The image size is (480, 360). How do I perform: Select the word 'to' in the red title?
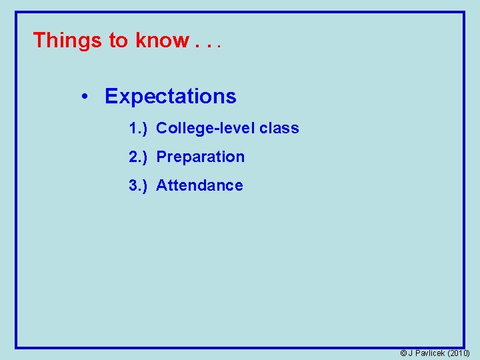pos(118,41)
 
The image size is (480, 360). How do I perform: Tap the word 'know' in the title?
pos(162,41)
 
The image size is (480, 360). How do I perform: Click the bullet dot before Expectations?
pos(85,97)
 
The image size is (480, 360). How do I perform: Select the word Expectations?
pos(171,97)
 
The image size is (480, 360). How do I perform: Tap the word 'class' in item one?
pos(279,128)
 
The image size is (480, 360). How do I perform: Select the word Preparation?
pos(200,157)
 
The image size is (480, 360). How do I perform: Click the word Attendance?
pos(199,185)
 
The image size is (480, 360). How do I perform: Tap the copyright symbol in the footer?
pos(403,353)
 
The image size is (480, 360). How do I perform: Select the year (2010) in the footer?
pos(459,353)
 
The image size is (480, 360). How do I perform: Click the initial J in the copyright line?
pos(411,353)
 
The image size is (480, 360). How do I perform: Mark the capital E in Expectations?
pos(111,97)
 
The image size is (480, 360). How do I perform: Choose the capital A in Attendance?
pos(161,185)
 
